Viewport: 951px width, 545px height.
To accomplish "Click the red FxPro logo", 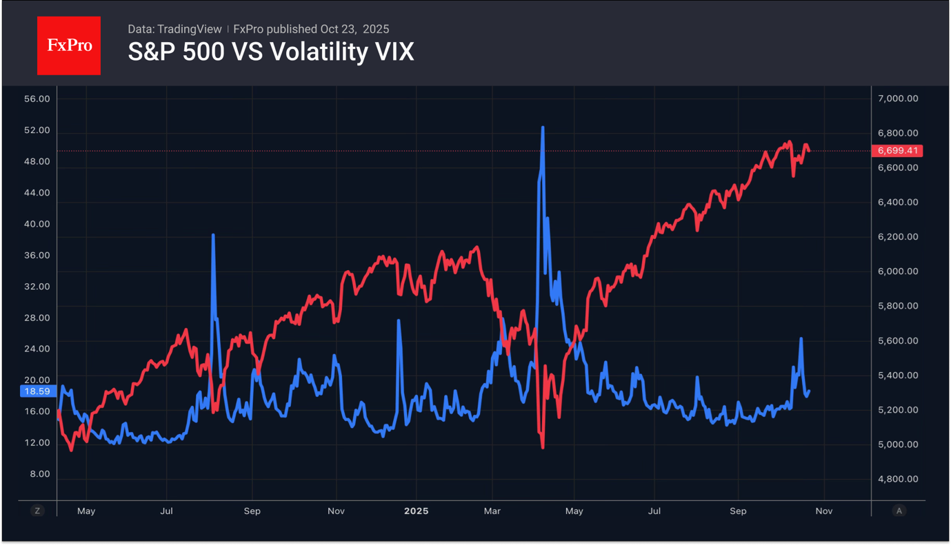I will tap(68, 45).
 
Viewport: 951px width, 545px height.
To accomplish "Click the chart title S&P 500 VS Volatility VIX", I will tap(271, 52).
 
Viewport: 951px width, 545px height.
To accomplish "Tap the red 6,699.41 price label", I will tap(897, 150).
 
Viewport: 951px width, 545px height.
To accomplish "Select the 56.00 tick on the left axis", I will tap(37, 99).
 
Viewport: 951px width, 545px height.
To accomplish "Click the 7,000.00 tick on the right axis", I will tap(897, 99).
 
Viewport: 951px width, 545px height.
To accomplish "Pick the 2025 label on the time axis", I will tap(416, 511).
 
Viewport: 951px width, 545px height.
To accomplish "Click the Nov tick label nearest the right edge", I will tap(824, 511).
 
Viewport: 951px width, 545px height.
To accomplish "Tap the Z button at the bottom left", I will tap(37, 511).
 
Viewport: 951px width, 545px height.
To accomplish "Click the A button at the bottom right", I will tap(899, 511).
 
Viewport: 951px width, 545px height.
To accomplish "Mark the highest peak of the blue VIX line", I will tap(543, 128).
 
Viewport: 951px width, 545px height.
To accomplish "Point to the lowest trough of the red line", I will tap(543, 447).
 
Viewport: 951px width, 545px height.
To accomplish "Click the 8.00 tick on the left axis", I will tap(39, 474).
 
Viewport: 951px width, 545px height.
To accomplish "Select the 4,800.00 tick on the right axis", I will tap(897, 479).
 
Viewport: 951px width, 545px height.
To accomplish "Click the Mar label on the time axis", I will tap(492, 511).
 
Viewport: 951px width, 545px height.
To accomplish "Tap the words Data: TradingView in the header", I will tap(174, 29).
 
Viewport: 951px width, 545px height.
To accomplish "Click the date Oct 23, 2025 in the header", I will tap(354, 29).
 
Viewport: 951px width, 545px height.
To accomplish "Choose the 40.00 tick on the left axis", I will tap(37, 224).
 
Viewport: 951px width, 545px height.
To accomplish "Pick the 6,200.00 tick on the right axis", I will tap(897, 237).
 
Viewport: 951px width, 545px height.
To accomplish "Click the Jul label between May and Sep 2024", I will tap(166, 511).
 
